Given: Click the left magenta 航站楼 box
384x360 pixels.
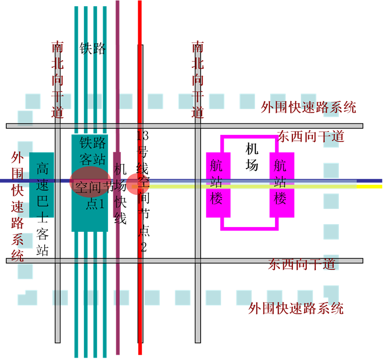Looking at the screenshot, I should click(x=218, y=185).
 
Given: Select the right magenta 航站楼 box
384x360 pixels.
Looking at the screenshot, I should click(x=281, y=185).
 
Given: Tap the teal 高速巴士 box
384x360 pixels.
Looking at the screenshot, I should click(x=42, y=185).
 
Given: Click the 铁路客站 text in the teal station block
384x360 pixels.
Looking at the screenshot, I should click(x=92, y=150).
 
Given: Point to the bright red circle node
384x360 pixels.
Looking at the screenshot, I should click(x=138, y=184).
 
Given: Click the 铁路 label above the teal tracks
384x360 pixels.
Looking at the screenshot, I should click(x=94, y=48).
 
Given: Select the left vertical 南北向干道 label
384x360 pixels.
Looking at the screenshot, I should click(x=58, y=80).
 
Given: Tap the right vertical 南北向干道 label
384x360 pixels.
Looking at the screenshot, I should click(x=198, y=80).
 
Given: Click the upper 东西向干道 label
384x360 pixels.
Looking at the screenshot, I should click(x=311, y=137).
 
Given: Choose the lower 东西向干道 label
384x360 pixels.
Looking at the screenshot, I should click(x=301, y=264).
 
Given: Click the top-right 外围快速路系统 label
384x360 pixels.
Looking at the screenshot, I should click(x=308, y=108).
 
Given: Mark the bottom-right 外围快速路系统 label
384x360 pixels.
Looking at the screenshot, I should click(x=296, y=309).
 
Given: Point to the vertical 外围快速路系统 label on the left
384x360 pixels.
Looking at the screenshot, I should click(x=17, y=206).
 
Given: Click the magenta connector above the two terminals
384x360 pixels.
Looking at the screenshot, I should click(x=250, y=137).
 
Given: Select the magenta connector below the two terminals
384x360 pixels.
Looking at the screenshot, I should click(x=250, y=228).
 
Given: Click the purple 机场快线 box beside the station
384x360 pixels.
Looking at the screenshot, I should click(x=117, y=185).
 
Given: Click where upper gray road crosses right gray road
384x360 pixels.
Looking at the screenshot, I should click(x=198, y=126).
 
